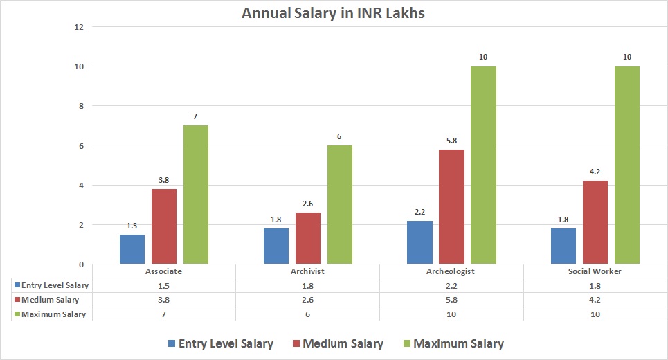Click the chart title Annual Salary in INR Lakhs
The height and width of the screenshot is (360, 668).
[334, 12]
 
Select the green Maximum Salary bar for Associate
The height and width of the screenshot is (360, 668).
[196, 195]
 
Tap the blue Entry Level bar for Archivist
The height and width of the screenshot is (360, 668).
[276, 246]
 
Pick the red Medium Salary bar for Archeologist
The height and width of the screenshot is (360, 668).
[451, 206]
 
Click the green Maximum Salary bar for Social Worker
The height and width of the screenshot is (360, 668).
[627, 165]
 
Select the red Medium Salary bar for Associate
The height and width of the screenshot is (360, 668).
[164, 226]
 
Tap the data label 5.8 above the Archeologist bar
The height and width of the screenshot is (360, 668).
[451, 140]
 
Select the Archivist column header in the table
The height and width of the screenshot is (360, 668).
[307, 271]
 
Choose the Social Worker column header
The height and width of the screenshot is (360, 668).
[595, 271]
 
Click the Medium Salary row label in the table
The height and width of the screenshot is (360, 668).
[51, 300]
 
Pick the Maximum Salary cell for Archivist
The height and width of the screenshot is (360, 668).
[307, 314]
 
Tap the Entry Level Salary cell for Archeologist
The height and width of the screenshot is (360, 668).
[451, 285]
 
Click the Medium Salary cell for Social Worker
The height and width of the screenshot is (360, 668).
[595, 300]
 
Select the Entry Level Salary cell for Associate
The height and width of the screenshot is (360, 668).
[164, 285]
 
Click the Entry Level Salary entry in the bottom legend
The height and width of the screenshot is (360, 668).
[219, 343]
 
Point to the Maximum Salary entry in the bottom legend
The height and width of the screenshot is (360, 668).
[452, 343]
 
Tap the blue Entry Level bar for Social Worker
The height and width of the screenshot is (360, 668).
[563, 246]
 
